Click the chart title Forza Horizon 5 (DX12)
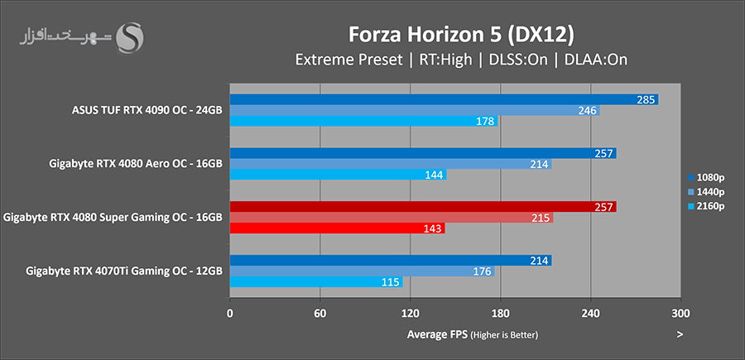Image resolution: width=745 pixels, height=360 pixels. coord(461,35)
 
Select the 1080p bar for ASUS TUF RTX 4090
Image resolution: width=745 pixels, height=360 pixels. coord(443,99)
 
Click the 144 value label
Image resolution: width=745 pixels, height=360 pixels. coord(435,175)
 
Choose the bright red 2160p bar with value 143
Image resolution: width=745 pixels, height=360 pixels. coord(337,228)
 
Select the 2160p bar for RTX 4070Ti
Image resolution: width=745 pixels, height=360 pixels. coord(315,282)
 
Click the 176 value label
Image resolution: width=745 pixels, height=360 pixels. coord(483,271)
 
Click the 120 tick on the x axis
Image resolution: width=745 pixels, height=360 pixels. coord(410,314)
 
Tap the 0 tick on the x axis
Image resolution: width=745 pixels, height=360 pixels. coord(229,314)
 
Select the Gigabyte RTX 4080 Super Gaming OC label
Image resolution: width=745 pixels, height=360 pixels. coord(113,218)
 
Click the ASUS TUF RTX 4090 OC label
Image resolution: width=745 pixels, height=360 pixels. coord(147,110)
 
